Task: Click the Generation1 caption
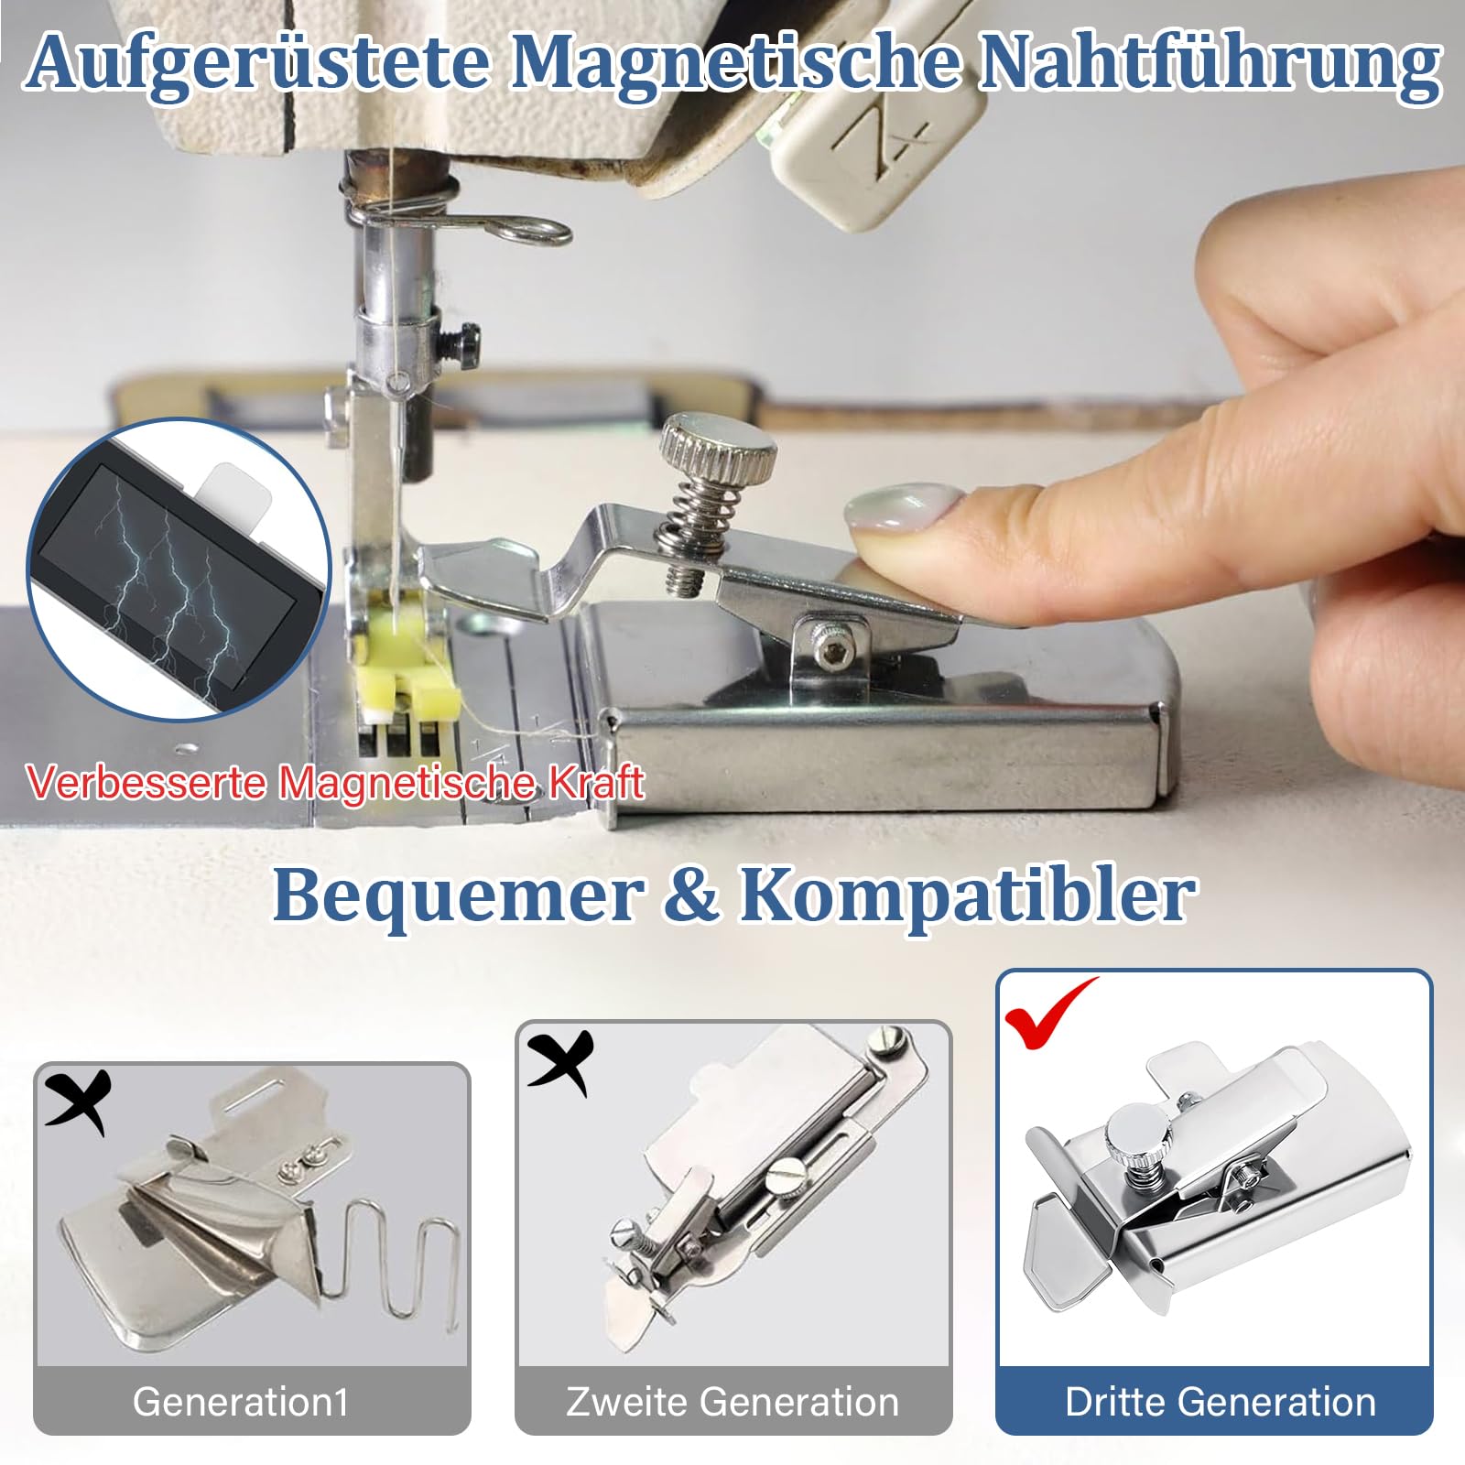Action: coord(241,1402)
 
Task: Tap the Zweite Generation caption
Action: coord(732,1402)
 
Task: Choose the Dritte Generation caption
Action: coord(1220,1402)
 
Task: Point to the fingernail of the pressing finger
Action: coord(902,508)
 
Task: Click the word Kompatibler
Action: coord(966,895)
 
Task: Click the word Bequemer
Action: coord(458,895)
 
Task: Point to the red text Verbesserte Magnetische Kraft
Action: coord(335,783)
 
